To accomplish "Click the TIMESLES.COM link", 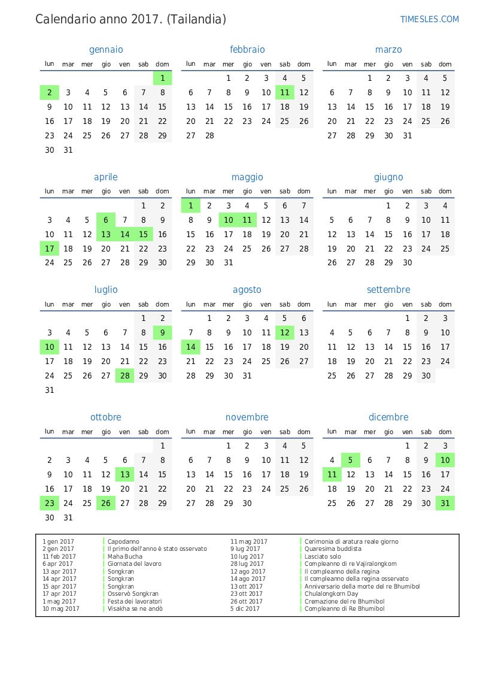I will tap(429, 19).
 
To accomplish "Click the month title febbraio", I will tap(247, 50).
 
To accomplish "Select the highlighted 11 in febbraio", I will tap(285, 92).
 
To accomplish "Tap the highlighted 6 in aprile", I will tap(106, 220).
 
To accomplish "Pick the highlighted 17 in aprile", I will tap(50, 249).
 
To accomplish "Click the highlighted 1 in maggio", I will tap(190, 205).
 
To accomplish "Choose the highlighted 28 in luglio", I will tap(124, 375).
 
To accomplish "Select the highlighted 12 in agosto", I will tap(285, 332).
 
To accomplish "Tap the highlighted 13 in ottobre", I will tap(124, 474).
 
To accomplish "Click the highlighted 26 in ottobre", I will tap(106, 503).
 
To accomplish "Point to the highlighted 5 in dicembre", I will tap(351, 460).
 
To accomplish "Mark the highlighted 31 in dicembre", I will tap(445, 503).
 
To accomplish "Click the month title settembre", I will tap(388, 290).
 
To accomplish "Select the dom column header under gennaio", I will tap(162, 64).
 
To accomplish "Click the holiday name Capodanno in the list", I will tap(123, 541).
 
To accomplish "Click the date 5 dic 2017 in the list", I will tap(245, 609).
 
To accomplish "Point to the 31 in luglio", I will tap(50, 390).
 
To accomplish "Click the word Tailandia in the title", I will tap(196, 19).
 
